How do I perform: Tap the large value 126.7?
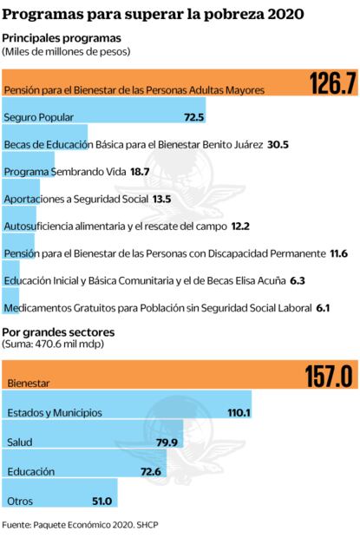click(x=333, y=83)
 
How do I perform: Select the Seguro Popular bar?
click(x=104, y=116)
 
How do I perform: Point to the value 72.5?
click(x=193, y=116)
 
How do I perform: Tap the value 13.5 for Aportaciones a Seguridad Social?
click(x=161, y=199)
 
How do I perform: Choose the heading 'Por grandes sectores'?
click(x=58, y=331)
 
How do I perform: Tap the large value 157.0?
click(x=328, y=377)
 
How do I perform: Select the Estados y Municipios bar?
click(x=127, y=412)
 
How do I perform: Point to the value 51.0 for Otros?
click(x=101, y=501)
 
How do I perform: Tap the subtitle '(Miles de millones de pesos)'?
click(x=66, y=52)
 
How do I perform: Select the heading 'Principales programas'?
click(x=62, y=38)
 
